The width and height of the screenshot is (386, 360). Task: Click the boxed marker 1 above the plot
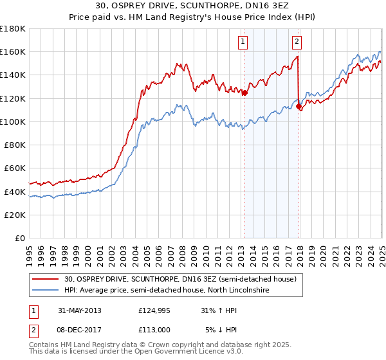243,42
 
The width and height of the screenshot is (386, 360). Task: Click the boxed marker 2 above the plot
297,42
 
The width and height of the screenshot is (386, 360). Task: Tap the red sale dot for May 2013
245,93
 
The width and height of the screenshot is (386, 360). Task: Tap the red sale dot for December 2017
299,107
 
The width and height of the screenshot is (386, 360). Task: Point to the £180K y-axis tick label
13,28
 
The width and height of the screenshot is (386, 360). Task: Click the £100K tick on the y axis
13,122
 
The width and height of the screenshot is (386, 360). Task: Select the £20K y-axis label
15,215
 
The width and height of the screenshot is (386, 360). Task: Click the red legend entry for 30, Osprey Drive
180,279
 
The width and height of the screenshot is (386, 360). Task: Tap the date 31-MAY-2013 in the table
79,310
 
